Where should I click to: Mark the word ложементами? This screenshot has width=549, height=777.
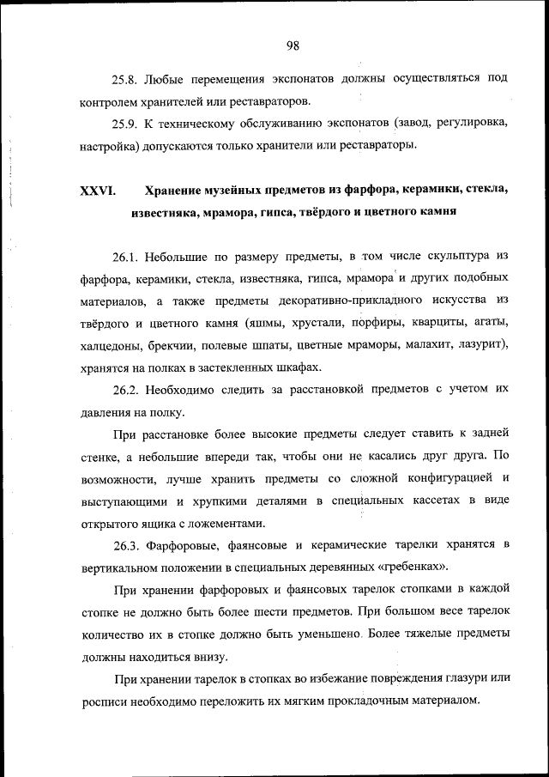[x=225, y=524]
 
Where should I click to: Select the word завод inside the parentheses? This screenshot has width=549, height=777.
[x=410, y=124]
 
